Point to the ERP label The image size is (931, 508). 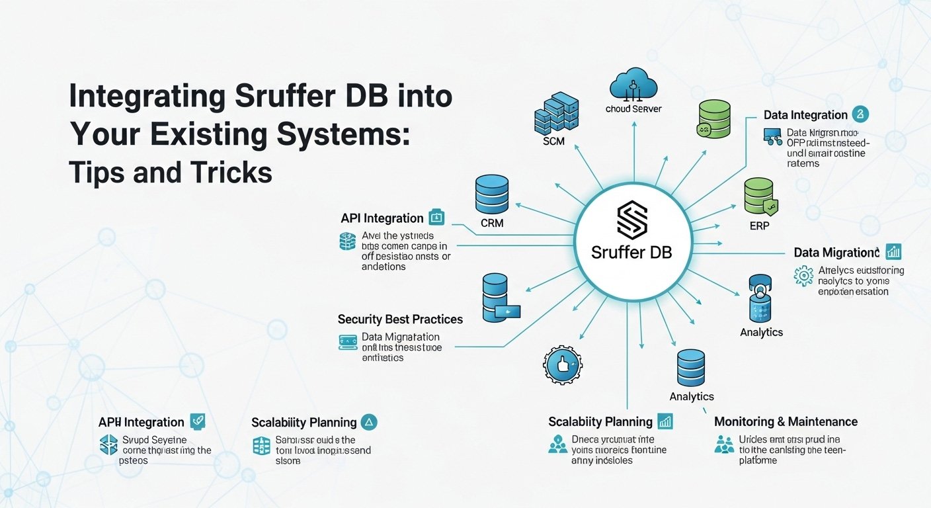(759, 226)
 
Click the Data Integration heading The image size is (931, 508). (805, 115)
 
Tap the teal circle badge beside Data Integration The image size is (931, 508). (860, 114)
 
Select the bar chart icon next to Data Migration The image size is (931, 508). (893, 251)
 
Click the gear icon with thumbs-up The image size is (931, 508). (562, 364)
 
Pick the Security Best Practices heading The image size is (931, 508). (400, 319)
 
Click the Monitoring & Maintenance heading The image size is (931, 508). (786, 422)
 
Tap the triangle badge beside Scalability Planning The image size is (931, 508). (370, 422)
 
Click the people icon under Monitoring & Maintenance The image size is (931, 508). (725, 444)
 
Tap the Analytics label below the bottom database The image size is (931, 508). (692, 396)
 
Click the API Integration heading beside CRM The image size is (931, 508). (382, 218)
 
